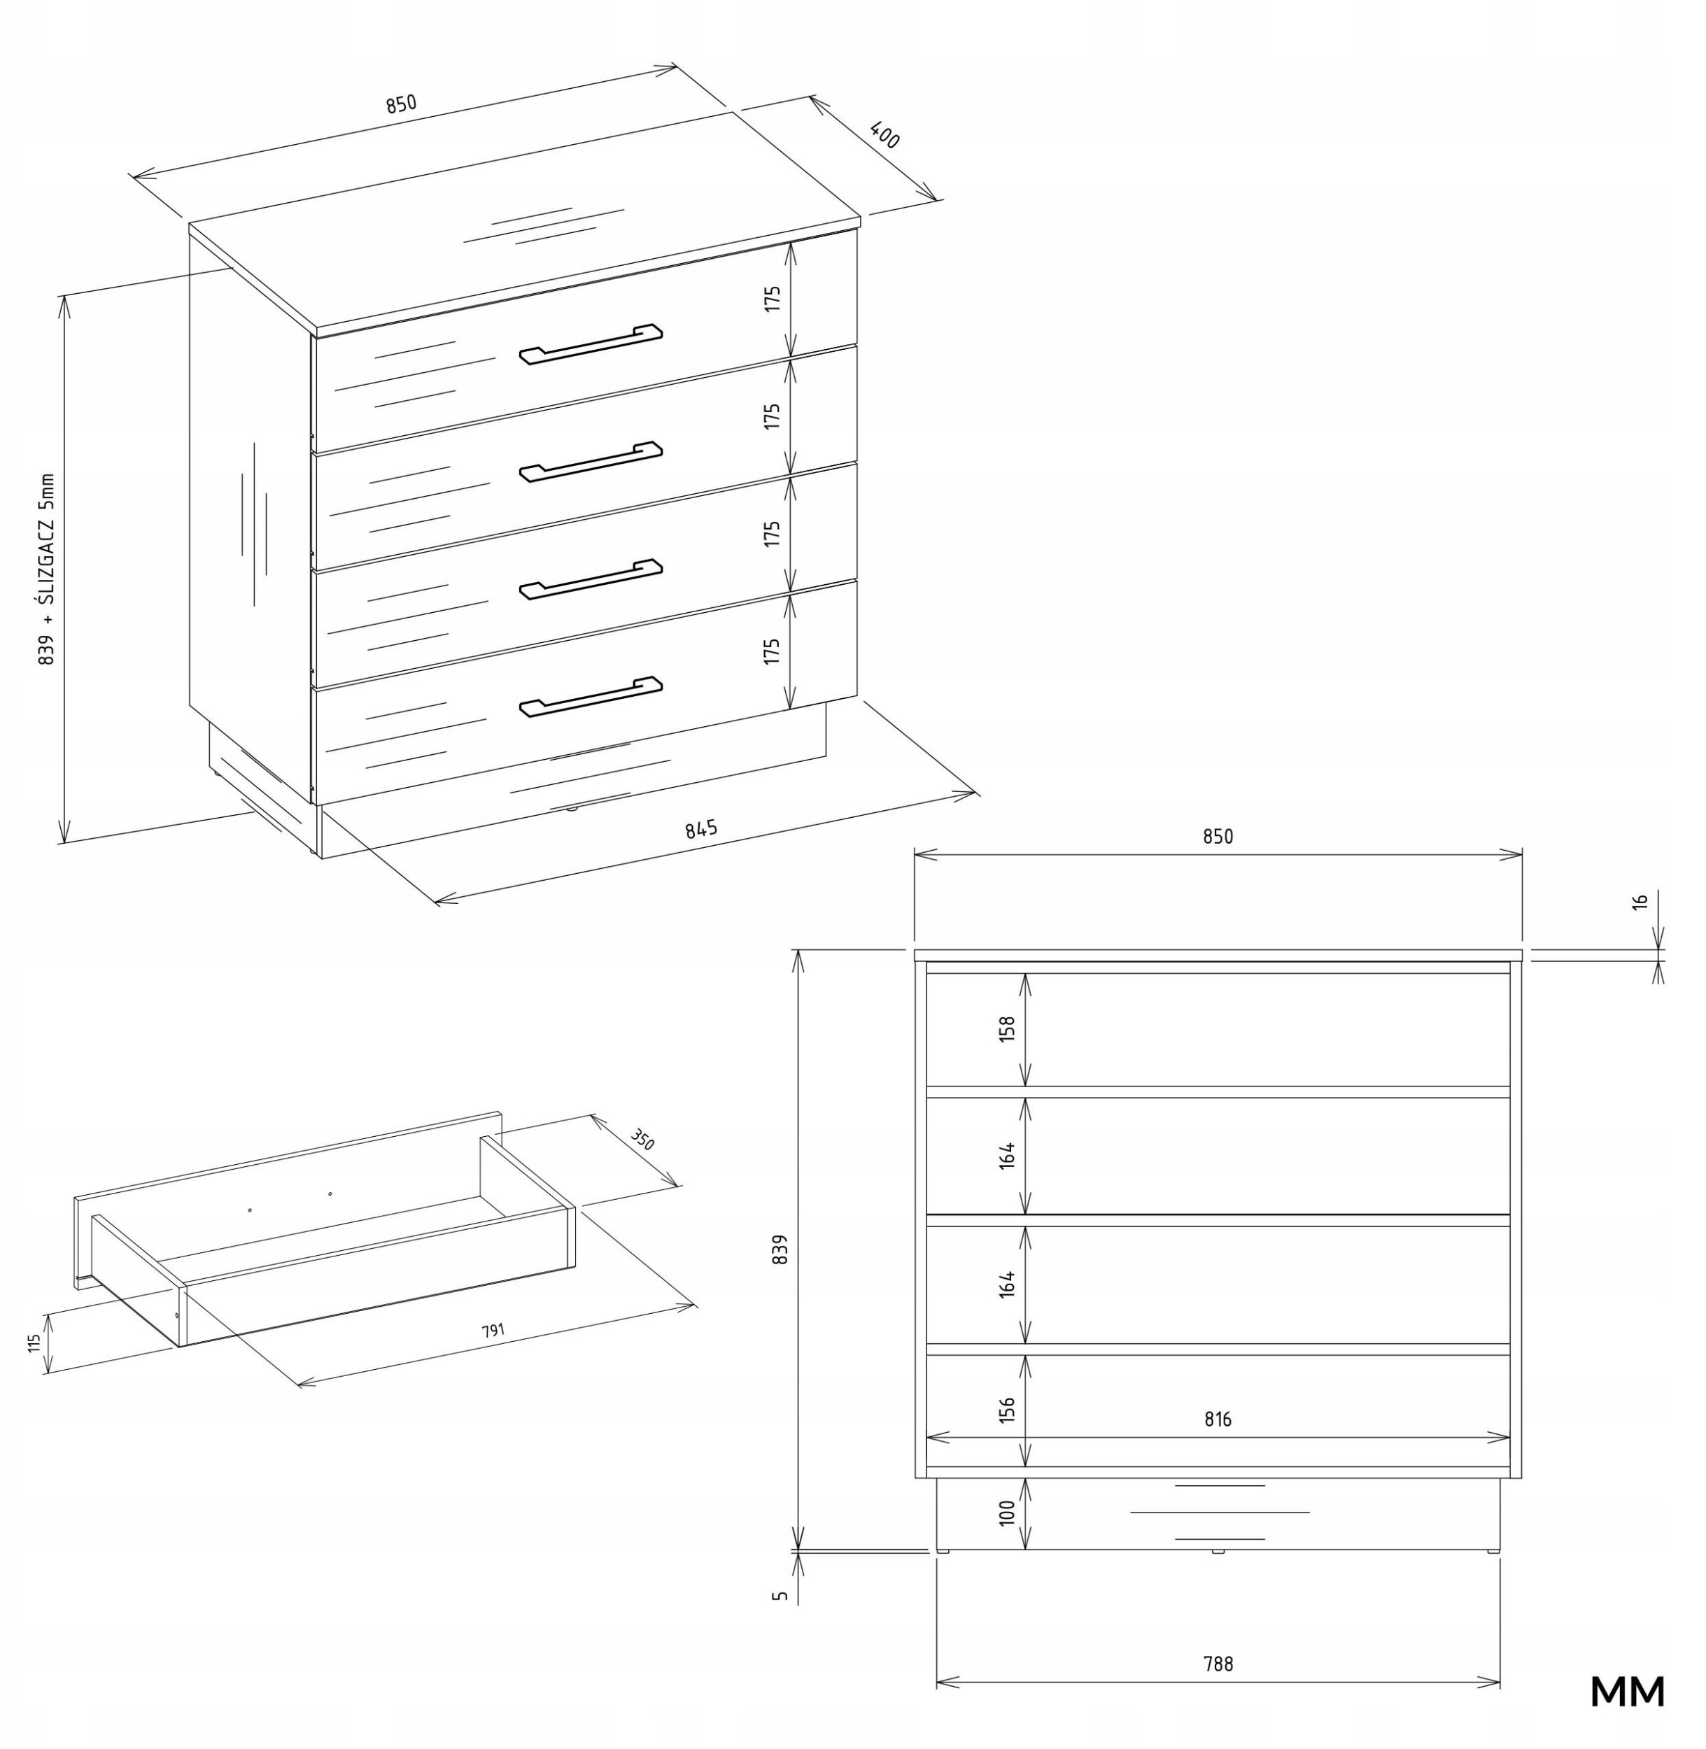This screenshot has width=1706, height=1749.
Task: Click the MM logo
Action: coord(1627,1692)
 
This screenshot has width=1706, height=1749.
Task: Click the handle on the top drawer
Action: coord(591,344)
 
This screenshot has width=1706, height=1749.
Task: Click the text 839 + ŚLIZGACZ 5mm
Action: coord(47,569)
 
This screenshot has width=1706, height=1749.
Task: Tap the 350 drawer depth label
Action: coord(642,1140)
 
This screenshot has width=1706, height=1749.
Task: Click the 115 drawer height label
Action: coord(34,1343)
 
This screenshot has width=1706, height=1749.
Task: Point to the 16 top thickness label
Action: coord(1640,901)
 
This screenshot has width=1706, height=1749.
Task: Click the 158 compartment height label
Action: coord(1007,1028)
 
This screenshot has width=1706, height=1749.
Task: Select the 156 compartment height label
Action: coord(1007,1410)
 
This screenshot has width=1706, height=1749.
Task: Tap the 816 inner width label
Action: coord(1218,1419)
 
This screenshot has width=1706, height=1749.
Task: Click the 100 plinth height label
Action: coord(1007,1513)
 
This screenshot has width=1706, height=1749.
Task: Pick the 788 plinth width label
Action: coord(1218,1664)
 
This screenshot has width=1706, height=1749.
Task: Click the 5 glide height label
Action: coord(780,1596)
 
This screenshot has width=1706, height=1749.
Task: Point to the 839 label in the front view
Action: coord(780,1249)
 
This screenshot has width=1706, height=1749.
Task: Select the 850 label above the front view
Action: coord(1218,836)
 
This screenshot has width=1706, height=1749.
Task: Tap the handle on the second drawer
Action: coord(591,462)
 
